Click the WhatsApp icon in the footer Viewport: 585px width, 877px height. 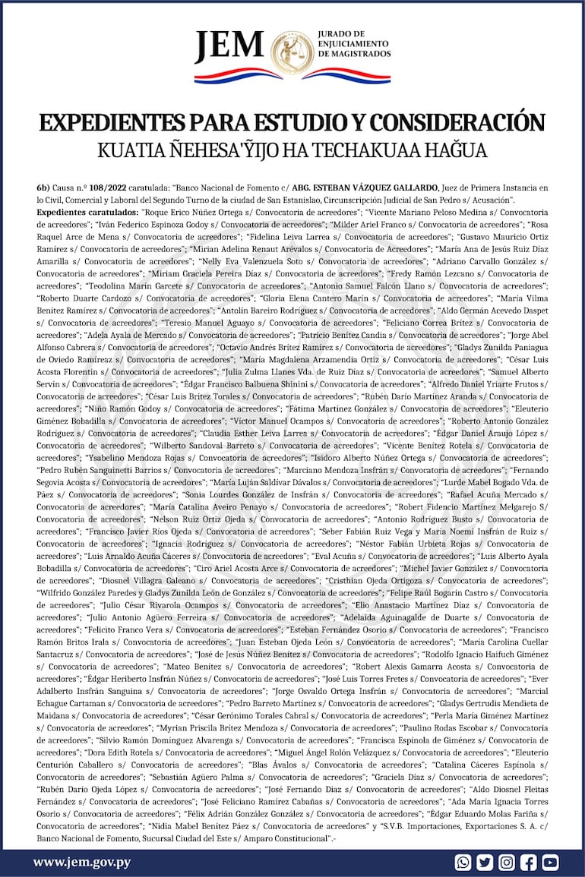click(x=463, y=862)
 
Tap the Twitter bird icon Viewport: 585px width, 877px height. click(x=485, y=862)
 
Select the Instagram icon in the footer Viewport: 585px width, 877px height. click(x=507, y=862)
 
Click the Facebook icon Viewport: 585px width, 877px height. click(x=529, y=862)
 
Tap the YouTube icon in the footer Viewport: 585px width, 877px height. click(x=550, y=862)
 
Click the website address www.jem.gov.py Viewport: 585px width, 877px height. click(x=82, y=862)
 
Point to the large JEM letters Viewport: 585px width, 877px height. click(x=229, y=49)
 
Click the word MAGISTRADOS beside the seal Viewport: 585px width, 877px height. click(x=354, y=55)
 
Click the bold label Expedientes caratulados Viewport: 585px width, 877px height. click(x=87, y=212)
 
